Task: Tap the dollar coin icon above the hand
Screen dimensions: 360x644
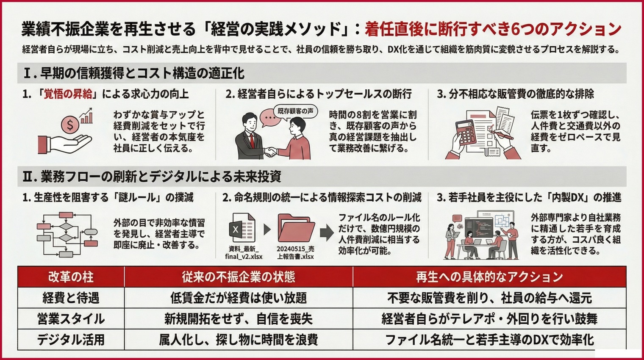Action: (70, 125)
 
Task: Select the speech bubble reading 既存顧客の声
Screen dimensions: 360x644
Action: (295, 111)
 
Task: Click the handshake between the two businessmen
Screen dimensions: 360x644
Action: (270, 151)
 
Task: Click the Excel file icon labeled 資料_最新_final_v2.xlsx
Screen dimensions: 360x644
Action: (242, 229)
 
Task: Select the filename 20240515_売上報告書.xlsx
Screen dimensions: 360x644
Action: (295, 252)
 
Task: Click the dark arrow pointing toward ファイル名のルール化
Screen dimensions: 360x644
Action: (326, 232)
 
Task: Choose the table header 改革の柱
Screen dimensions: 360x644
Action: (71, 277)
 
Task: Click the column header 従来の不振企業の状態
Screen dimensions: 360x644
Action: (238, 277)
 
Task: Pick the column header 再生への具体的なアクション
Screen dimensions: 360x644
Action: (489, 277)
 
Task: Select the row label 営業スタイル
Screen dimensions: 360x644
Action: (71, 319)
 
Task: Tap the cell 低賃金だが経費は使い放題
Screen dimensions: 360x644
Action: (238, 298)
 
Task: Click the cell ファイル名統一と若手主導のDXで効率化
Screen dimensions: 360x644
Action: (489, 340)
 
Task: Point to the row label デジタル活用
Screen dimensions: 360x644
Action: (71, 340)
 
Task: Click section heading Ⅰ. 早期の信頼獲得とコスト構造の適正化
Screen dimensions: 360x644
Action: (133, 73)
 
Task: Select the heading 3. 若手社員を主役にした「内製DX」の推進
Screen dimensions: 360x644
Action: (529, 197)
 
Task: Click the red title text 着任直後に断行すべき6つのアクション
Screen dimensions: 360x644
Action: (493, 29)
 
